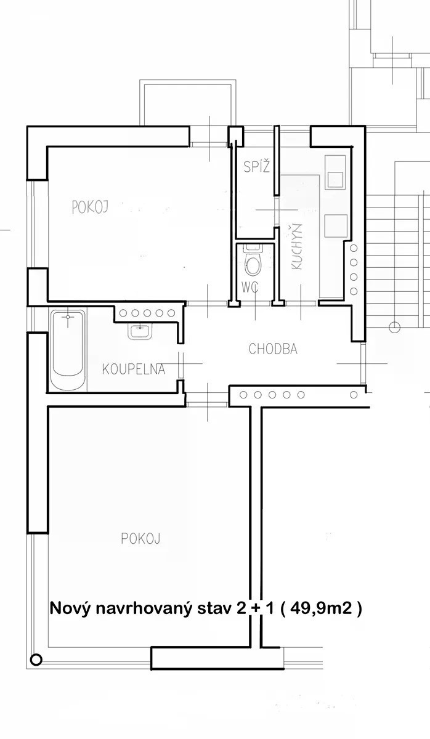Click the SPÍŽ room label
[257, 166]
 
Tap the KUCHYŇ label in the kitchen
[297, 247]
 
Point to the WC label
[250, 288]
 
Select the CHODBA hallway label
[273, 349]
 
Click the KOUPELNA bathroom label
[134, 369]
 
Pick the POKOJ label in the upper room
[90, 208]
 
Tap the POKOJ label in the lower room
[140, 539]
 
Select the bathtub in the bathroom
[68, 350]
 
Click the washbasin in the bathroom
[140, 331]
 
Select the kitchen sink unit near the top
[335, 172]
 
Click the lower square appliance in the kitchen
[336, 227]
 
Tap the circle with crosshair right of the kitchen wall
[394, 327]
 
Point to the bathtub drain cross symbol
[68, 317]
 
